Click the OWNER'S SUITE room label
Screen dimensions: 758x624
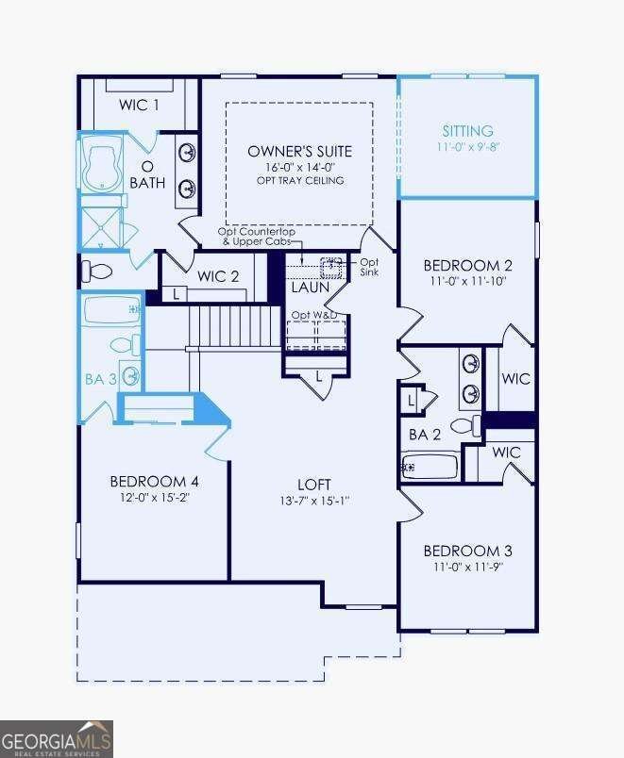coord(299,151)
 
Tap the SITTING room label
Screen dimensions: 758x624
coord(468,131)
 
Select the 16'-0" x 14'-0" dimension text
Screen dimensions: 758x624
coord(299,166)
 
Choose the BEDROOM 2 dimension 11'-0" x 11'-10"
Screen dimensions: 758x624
coord(467,282)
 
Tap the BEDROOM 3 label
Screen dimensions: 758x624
coord(467,551)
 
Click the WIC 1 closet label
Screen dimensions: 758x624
coord(139,105)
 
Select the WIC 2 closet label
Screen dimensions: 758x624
coord(218,276)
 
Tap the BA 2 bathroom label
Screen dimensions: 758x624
coord(425,435)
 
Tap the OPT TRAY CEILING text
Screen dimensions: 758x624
coord(299,180)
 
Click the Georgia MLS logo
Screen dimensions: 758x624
coord(57,738)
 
